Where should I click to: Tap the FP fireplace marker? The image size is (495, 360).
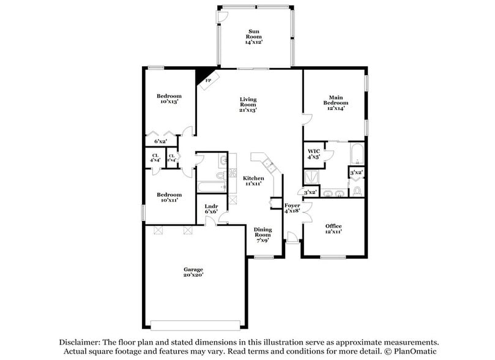click(208, 80)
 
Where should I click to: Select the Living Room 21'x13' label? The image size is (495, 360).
click(248, 105)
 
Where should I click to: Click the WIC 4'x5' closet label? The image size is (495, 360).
click(314, 154)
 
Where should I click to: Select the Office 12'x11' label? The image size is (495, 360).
click(333, 228)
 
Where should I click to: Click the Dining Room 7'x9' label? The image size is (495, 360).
click(262, 234)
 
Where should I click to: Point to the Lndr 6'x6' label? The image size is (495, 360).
click(212, 209)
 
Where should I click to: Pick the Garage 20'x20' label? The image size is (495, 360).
click(193, 272)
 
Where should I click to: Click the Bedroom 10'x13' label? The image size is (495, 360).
click(169, 99)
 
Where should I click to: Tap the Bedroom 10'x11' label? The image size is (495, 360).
click(169, 197)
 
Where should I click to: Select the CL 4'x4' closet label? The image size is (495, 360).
click(155, 157)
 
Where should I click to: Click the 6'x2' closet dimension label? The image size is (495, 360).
click(160, 141)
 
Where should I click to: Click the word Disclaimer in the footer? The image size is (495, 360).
click(80, 342)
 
